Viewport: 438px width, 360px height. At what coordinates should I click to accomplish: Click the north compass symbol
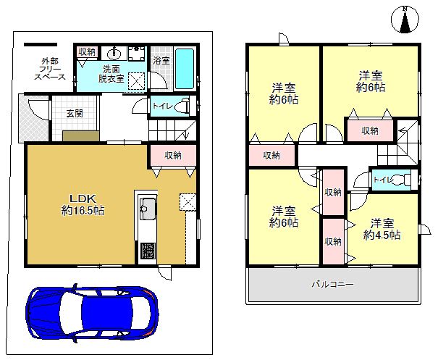405,20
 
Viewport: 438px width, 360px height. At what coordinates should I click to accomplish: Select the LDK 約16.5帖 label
83,204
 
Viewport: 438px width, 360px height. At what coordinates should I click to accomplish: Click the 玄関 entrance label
75,114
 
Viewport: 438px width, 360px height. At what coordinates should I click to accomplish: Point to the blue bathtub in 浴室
185,69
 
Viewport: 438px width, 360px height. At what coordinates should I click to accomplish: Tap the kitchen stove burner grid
147,251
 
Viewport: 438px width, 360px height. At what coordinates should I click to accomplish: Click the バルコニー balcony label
333,285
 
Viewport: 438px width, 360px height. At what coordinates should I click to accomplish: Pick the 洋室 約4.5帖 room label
382,229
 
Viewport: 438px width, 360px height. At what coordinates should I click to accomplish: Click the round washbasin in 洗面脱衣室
114,53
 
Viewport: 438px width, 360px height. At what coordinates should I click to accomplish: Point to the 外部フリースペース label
50,69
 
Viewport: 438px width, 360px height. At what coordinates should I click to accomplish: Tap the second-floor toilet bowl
403,179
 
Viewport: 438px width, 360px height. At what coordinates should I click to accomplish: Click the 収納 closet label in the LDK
173,156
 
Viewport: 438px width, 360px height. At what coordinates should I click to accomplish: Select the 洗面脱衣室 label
111,74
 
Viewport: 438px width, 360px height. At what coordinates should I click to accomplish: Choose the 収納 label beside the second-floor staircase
370,130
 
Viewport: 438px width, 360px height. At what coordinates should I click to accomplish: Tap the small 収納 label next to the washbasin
87,51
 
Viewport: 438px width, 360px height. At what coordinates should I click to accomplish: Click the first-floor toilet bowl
183,106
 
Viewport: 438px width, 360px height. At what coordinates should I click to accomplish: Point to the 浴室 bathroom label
161,61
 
